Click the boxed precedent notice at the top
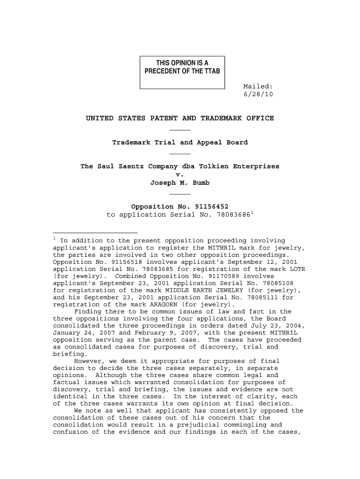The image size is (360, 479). [x=182, y=72]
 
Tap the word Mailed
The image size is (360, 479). [x=258, y=86]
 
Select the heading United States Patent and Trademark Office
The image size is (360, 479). [x=180, y=118]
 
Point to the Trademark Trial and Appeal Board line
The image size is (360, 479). [x=180, y=142]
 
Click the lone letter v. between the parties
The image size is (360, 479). [x=180, y=174]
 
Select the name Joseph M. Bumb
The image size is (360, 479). [x=180, y=183]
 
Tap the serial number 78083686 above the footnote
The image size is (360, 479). [x=233, y=215]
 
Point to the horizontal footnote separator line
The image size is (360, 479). [x=95, y=232]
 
